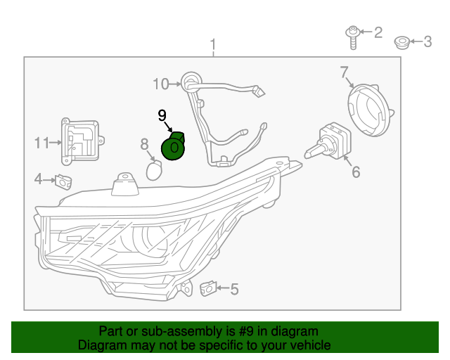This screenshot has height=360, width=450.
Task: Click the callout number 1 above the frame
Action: point(213,46)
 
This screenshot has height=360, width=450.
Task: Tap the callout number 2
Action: point(378,32)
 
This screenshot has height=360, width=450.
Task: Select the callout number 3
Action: point(427,41)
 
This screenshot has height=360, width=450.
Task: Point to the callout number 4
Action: point(38,179)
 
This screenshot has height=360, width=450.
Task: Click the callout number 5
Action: point(234,288)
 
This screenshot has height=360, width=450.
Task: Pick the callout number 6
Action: point(356,172)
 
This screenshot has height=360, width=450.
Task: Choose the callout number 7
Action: point(345,72)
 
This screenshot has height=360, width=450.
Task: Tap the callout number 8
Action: point(144,144)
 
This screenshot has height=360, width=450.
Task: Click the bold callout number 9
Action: point(162,114)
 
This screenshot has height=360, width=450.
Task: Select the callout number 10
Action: point(162,84)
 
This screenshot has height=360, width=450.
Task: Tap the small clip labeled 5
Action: point(209,288)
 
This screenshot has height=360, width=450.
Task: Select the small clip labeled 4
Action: point(64,181)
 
